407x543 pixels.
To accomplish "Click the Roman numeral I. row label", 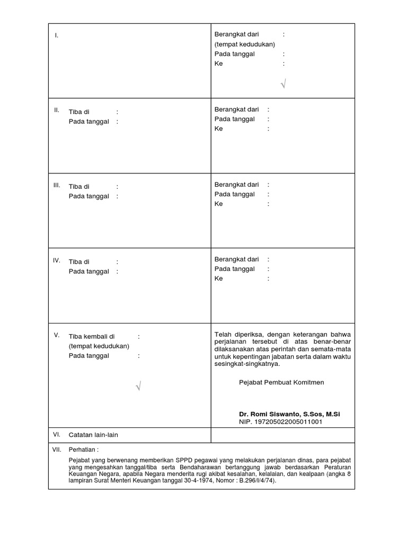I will coord(56,36).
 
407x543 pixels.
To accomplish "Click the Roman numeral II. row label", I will coord(56,110).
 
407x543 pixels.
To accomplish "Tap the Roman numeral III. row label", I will coord(57,185).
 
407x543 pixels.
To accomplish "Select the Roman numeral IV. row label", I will coord(57,260).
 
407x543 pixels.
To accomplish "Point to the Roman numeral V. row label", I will coord(57,335).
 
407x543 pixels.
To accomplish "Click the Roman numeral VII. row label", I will coord(57,449).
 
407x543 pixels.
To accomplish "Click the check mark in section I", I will coord(284,84).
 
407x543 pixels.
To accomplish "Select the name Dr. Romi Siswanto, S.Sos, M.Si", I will coord(282,414).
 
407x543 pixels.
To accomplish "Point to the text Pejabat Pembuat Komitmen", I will coord(281,382).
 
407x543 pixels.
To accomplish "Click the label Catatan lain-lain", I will coord(93,435).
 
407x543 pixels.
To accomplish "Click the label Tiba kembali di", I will coord(92,337).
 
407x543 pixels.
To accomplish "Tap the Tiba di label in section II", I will coord(79,112).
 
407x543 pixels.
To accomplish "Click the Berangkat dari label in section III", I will coord(236,185).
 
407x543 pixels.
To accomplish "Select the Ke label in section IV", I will coord(218,279).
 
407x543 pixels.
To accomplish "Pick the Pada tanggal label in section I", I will coord(235,54).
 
